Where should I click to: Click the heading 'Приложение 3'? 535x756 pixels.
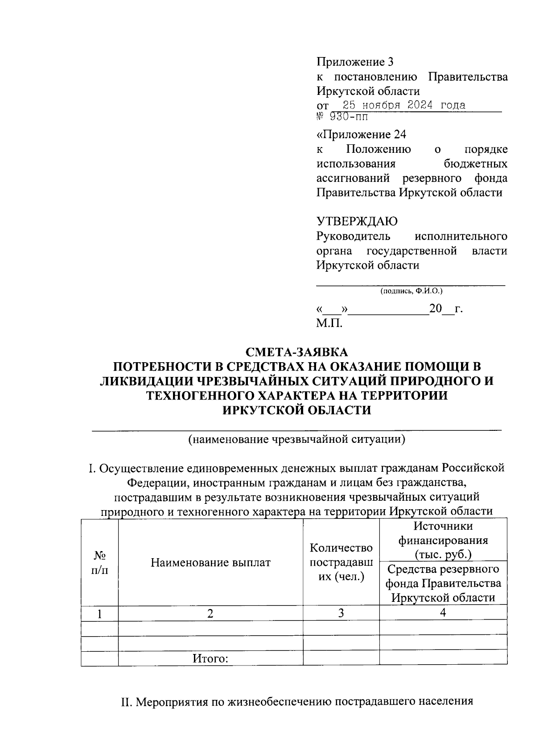coord(355,62)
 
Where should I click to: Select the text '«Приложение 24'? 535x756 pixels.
coord(361,134)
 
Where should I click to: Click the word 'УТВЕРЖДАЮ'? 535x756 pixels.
coord(357,221)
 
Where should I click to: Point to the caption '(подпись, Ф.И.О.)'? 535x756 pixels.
coord(411,291)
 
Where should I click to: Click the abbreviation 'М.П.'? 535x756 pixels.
coord(329,323)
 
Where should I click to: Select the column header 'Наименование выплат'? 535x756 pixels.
coord(210,562)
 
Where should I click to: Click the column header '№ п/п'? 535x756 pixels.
coord(99,562)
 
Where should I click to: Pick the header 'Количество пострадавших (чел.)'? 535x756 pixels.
coord(341,562)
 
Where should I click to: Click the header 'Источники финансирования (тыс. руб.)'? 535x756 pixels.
coord(443,540)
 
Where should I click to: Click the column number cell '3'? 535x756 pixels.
coord(341,613)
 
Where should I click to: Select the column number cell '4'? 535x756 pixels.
coord(443,613)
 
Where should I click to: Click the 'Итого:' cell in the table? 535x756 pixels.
coord(210,658)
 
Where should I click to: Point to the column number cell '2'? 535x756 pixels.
coord(210,613)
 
